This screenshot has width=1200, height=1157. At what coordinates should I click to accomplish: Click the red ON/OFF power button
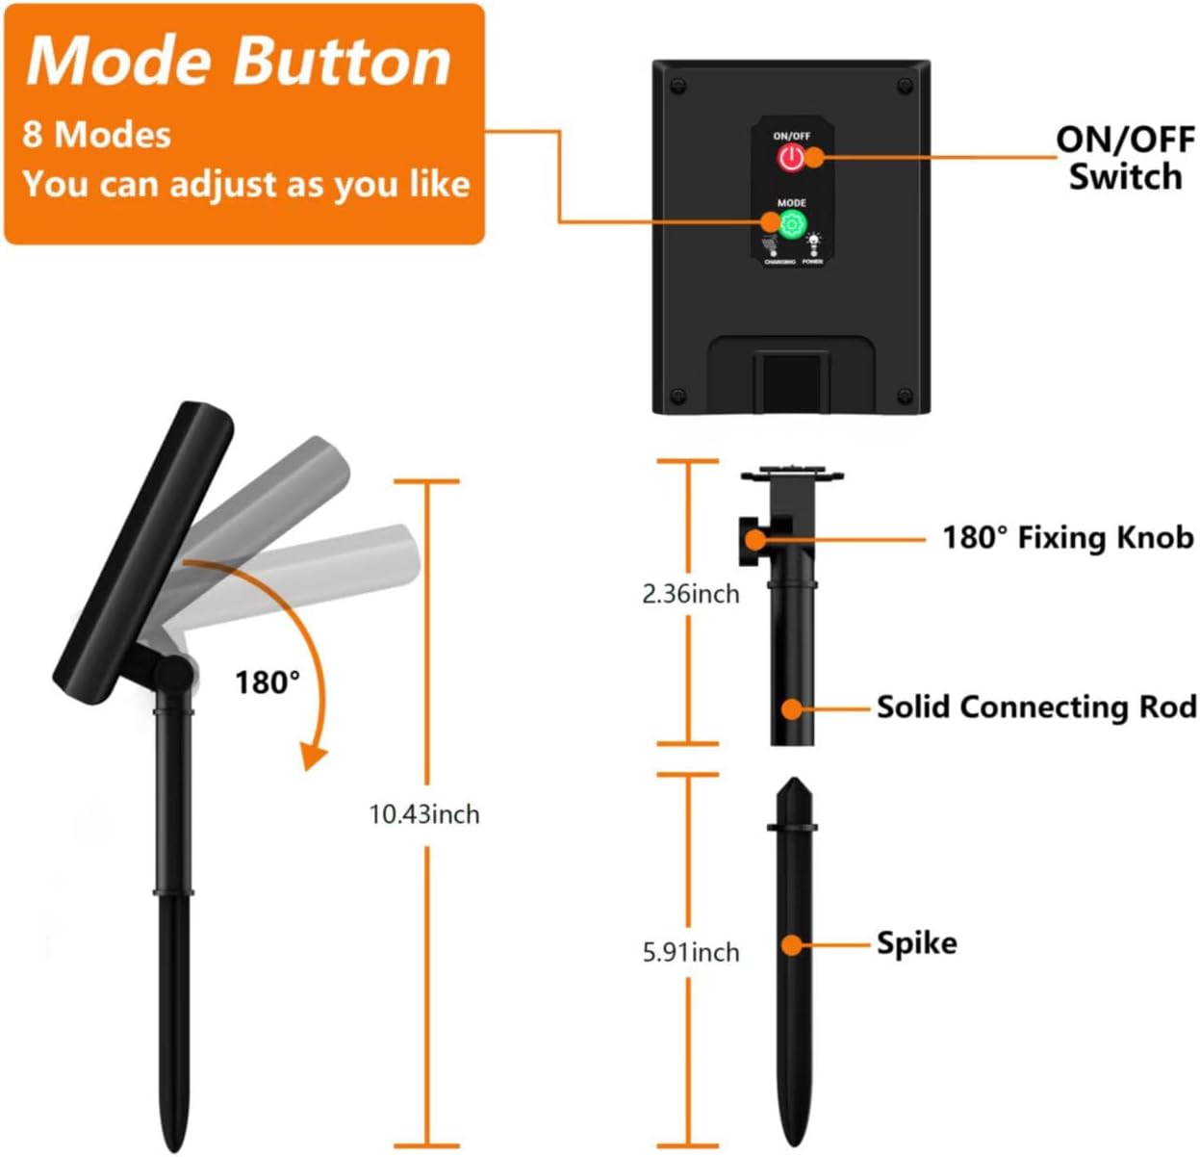(x=790, y=158)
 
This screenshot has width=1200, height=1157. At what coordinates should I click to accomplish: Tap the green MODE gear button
(x=792, y=225)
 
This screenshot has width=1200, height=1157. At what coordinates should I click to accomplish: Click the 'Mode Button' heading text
(x=239, y=62)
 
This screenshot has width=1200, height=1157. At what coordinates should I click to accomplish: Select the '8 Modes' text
(x=96, y=135)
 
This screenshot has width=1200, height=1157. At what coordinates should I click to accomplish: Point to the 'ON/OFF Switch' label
(x=1125, y=158)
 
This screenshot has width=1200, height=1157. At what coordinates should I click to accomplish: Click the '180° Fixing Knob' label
(x=1067, y=537)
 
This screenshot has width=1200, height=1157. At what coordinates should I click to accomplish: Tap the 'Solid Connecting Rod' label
(x=1036, y=707)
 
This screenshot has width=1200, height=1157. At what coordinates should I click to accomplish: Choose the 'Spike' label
(x=916, y=942)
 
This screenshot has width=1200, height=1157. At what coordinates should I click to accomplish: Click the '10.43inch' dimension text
(x=424, y=814)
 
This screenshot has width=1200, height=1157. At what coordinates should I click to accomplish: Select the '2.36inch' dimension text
(x=690, y=594)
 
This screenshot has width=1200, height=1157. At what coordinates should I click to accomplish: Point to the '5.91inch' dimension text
(x=690, y=952)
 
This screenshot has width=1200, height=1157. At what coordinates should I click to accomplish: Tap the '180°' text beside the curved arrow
(x=268, y=682)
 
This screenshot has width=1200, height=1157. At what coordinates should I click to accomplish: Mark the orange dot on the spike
(x=791, y=945)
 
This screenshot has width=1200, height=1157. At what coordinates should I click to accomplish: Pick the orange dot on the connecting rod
(x=791, y=708)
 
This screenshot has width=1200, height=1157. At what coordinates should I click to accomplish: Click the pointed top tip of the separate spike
(x=793, y=782)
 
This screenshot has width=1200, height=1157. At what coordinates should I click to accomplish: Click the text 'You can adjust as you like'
(x=245, y=183)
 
